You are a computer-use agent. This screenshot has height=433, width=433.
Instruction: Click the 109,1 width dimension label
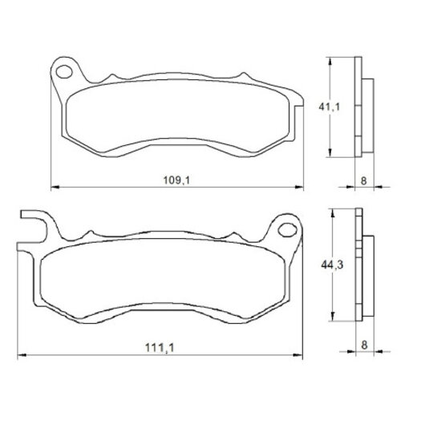[x=176, y=180]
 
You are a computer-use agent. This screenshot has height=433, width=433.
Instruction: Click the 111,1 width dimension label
[x=160, y=348]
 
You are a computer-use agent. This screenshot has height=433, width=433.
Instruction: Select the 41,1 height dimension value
[x=330, y=107]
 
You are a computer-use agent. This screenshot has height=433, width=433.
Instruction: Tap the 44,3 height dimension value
[x=332, y=265]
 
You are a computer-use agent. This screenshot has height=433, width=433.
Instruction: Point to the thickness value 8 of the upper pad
[x=364, y=181]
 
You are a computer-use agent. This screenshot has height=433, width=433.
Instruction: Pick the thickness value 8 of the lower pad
[x=365, y=345]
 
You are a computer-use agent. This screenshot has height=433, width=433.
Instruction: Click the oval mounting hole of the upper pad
[x=64, y=72]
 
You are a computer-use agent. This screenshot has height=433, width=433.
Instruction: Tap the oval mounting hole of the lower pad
[x=288, y=230]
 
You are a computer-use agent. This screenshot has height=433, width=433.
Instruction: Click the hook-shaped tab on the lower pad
[x=33, y=227]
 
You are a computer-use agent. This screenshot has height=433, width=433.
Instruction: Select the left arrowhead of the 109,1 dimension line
[x=55, y=187]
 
